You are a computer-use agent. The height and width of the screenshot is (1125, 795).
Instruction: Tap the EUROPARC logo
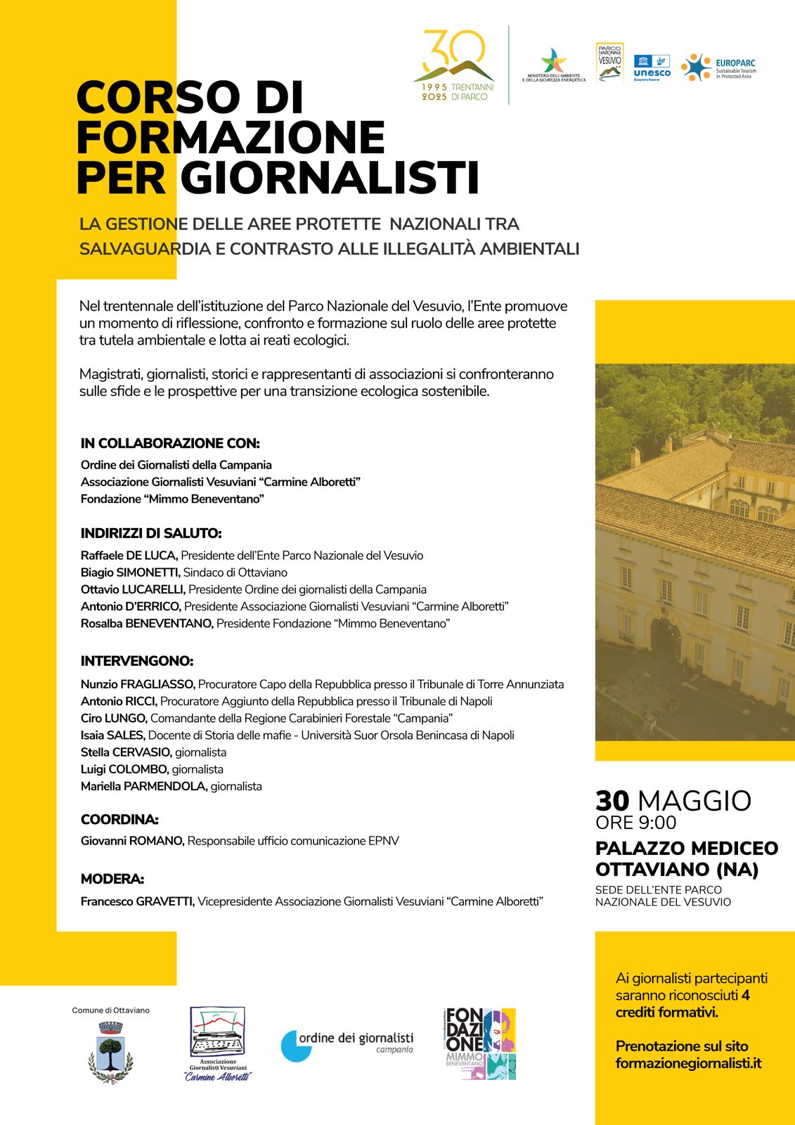tap(718, 67)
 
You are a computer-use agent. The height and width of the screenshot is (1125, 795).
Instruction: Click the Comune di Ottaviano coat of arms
tap(110, 1050)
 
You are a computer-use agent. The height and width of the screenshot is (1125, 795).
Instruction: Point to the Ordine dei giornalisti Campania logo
tap(347, 1044)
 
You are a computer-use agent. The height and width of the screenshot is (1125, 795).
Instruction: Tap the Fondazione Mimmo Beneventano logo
tap(481, 1044)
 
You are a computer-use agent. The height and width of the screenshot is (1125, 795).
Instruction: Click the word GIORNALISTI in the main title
tap(330, 176)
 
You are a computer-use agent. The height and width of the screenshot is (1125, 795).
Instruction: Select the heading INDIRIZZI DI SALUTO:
tap(151, 533)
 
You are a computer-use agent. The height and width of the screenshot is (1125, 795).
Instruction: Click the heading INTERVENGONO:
tap(137, 661)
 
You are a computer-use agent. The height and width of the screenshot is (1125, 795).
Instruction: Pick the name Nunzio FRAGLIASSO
tap(138, 684)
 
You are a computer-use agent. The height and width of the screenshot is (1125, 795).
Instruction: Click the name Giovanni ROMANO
tap(132, 841)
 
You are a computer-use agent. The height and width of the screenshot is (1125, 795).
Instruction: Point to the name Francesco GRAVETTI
tap(138, 901)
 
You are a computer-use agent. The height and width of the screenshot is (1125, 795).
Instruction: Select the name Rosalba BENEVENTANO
tap(146, 623)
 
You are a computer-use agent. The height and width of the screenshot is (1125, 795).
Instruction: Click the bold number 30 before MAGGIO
tap(612, 801)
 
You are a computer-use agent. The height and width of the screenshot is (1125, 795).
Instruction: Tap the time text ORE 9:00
tap(635, 823)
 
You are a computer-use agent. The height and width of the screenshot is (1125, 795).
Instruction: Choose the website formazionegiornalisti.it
tap(688, 1063)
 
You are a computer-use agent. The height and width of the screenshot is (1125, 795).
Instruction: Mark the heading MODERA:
tap(112, 879)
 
